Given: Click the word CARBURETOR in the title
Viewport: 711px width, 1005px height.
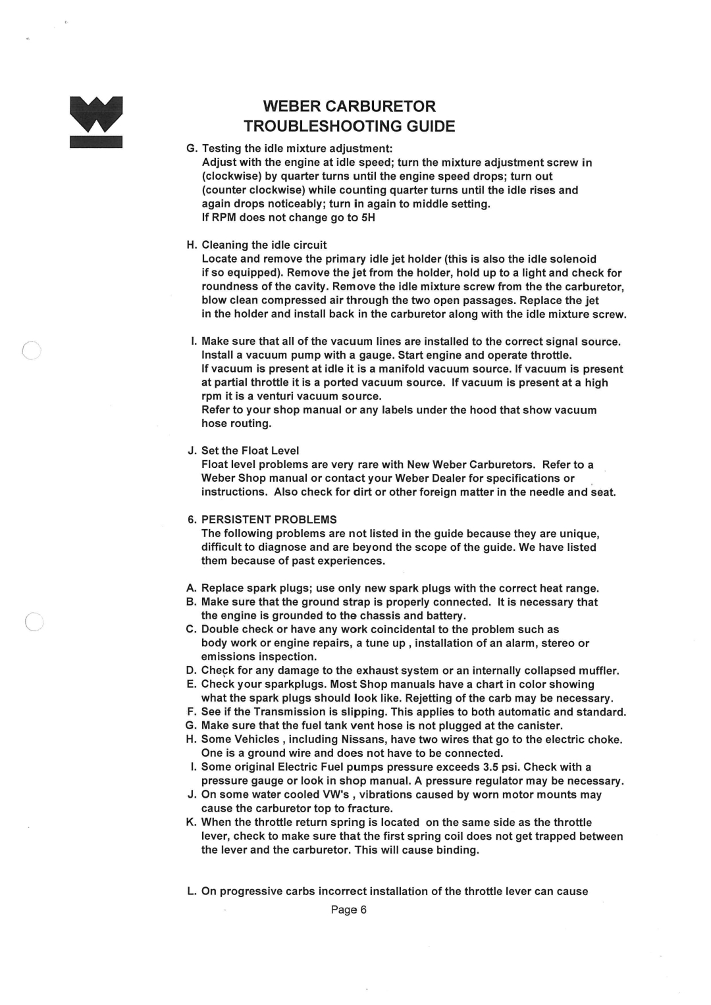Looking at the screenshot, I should pyautogui.click(x=386, y=106).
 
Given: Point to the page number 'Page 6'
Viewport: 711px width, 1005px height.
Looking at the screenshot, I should pyautogui.click(x=348, y=910).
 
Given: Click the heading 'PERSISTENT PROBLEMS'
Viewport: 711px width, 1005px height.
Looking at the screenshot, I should pyautogui.click(x=269, y=519).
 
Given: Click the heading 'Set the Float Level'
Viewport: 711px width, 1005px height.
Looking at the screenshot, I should pyautogui.click(x=250, y=451).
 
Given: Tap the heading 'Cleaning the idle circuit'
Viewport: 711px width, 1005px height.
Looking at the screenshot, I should pyautogui.click(x=264, y=245).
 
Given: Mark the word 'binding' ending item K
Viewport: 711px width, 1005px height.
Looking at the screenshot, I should pyautogui.click(x=458, y=850).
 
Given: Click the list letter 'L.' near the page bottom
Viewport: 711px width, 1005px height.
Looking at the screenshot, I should pyautogui.click(x=191, y=891).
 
